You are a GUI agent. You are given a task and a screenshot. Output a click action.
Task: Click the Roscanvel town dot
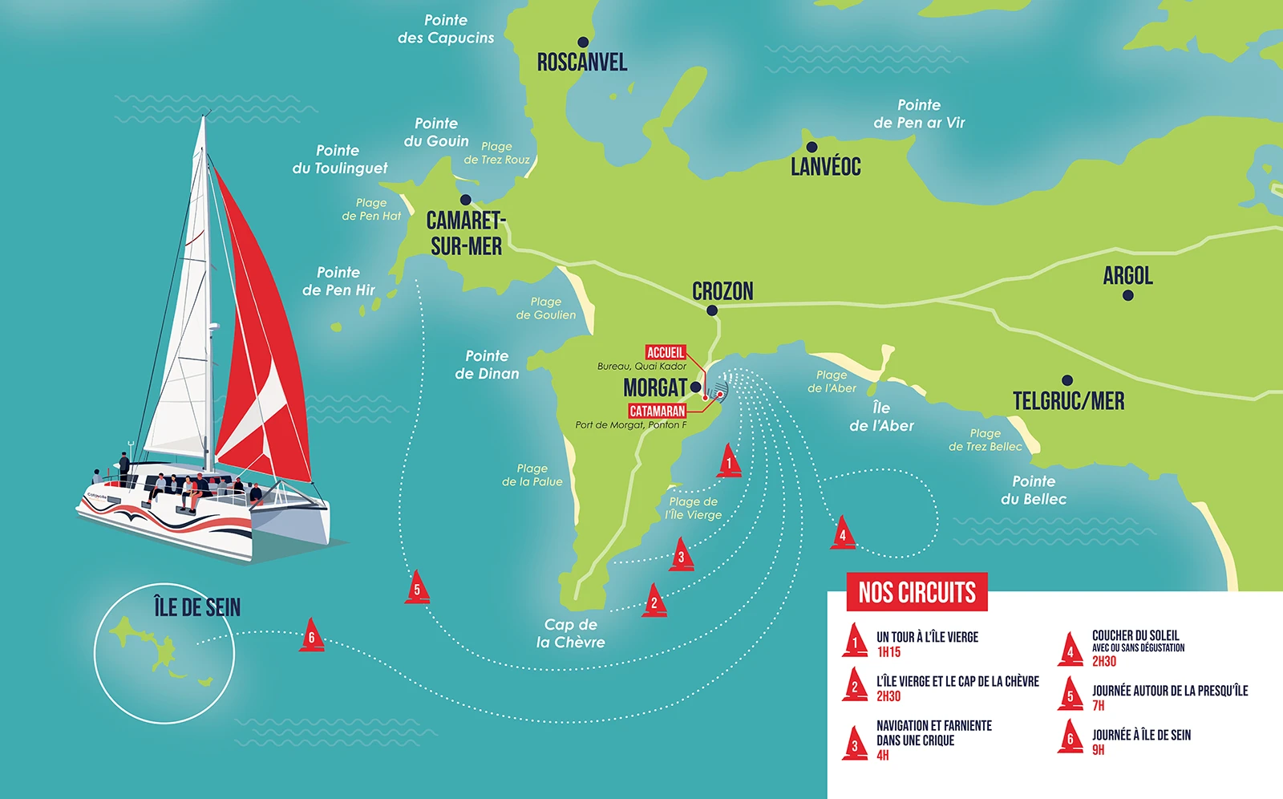pyautogui.click(x=583, y=43)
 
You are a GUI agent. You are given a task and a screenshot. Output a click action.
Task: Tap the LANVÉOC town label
pyautogui.click(x=825, y=167)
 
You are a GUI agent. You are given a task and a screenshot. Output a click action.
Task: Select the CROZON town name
pyautogui.click(x=722, y=291)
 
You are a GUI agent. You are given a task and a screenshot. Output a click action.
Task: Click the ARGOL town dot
pyautogui.click(x=1128, y=295)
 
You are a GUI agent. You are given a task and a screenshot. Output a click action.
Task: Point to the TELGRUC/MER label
pyautogui.click(x=1068, y=401)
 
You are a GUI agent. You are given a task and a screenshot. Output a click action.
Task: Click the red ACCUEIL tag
pyautogui.click(x=666, y=352)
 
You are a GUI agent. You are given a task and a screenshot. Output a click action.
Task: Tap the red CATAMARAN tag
pyautogui.click(x=658, y=411)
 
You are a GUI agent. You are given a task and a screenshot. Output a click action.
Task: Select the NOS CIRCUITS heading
pyautogui.click(x=917, y=593)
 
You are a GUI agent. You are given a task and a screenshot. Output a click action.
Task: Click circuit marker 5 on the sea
pyautogui.click(x=417, y=588)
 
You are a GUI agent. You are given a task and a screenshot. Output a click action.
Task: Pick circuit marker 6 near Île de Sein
pyautogui.click(x=312, y=636)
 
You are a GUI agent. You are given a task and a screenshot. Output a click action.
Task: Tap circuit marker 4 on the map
pyautogui.click(x=842, y=533)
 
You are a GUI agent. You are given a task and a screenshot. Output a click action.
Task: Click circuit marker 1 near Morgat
pyautogui.click(x=728, y=462)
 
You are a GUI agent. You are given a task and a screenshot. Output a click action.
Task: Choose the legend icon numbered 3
pyautogui.click(x=855, y=744)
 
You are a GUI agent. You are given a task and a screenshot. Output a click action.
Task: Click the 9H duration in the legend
pyautogui.click(x=1099, y=750)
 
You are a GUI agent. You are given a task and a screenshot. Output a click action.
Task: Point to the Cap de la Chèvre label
pyautogui.click(x=570, y=633)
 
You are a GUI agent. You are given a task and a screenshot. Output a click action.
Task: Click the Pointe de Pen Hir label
pyautogui.click(x=338, y=281)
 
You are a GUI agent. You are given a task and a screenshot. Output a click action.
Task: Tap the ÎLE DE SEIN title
pyautogui.click(x=197, y=607)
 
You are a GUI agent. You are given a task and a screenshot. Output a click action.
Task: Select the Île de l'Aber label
pyautogui.click(x=881, y=417)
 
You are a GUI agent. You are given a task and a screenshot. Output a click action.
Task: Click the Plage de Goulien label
pyautogui.click(x=545, y=309)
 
